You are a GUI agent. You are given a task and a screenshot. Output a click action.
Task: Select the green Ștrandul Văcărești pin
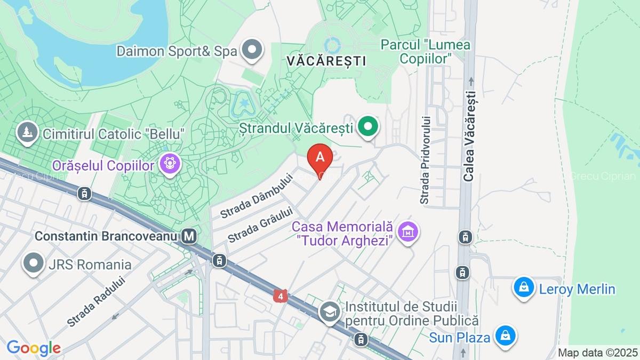pyautogui.click(x=367, y=127)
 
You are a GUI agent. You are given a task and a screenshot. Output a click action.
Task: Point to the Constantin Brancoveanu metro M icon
pyautogui.click(x=188, y=235)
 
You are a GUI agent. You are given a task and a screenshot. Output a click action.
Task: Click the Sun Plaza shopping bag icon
pyautogui.click(x=504, y=336)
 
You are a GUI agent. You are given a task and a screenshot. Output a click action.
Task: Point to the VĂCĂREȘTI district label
pyautogui.click(x=326, y=61)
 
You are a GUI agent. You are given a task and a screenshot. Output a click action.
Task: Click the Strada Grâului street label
pyautogui.click(x=262, y=225)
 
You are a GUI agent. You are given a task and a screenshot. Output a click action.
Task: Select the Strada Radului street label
pyautogui.click(x=96, y=301)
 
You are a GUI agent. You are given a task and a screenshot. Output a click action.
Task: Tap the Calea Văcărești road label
pyautogui.click(x=469, y=136)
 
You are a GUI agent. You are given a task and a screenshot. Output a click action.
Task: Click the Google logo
pyautogui.click(x=34, y=348)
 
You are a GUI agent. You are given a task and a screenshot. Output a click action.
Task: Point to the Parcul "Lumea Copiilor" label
pyautogui.click(x=426, y=51)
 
